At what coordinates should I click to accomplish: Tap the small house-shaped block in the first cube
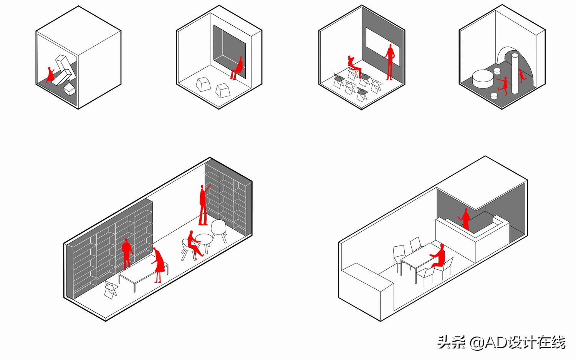pos(70,89)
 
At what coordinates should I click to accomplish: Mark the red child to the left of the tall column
pos(503,85)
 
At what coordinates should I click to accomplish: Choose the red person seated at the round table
pos(193,244)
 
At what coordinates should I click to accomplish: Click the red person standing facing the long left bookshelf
pos(126,253)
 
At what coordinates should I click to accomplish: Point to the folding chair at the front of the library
pos(111,289)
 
